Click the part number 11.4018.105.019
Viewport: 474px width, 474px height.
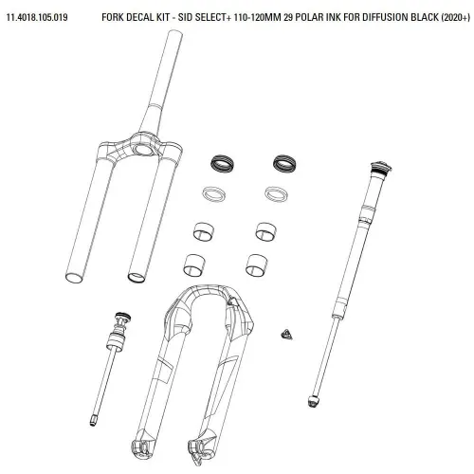tap(37, 17)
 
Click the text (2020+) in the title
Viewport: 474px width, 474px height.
tap(454, 17)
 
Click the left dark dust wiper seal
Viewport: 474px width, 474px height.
tap(222, 164)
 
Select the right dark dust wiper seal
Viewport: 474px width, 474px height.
tap(284, 163)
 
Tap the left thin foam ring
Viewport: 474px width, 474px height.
tap(214, 193)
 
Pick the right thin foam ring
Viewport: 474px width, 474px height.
tap(277, 193)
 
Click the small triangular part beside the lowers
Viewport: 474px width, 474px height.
tap(286, 335)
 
